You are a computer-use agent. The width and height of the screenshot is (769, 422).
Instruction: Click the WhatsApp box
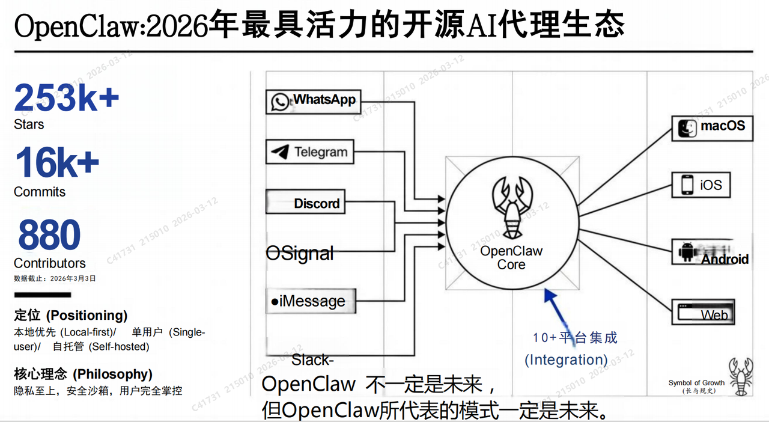tap(312, 100)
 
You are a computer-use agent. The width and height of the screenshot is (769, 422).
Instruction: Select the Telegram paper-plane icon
tap(279, 152)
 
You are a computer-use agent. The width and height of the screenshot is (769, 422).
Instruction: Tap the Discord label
tap(317, 204)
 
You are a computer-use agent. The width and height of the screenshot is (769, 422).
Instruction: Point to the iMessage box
tap(311, 301)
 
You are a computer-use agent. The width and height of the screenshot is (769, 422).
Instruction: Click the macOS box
tap(713, 127)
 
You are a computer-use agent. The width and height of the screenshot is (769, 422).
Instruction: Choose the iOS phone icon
tap(687, 185)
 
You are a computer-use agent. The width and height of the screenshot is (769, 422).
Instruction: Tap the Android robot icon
tap(686, 252)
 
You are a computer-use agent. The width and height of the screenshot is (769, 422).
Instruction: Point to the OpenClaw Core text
tap(511, 258)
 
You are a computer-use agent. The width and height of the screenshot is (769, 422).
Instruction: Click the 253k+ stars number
tap(66, 97)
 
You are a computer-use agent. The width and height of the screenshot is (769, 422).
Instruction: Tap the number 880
tap(49, 235)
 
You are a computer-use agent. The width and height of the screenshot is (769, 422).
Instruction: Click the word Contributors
tap(50, 263)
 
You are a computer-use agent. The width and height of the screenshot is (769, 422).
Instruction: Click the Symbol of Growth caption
tap(696, 383)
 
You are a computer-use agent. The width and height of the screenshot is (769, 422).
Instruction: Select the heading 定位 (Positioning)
tap(71, 315)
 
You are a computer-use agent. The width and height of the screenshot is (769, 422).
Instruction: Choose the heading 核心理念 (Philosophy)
tap(83, 374)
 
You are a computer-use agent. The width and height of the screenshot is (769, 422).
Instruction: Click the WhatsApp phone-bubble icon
tap(280, 102)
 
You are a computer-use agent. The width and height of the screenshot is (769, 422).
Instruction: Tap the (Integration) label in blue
tap(566, 359)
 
